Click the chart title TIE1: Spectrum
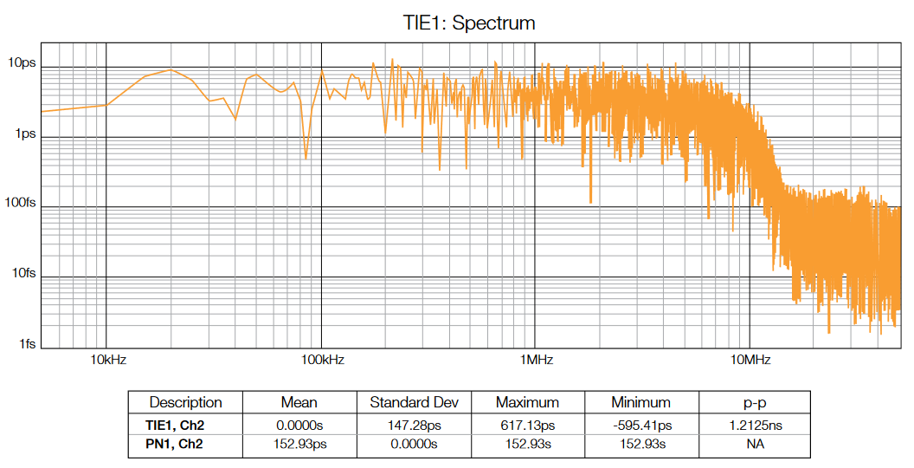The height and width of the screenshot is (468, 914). (469, 23)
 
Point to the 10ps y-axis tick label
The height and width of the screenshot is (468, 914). (22, 63)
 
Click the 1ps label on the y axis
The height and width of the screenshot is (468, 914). (24, 134)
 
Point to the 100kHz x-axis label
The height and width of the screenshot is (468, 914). (322, 359)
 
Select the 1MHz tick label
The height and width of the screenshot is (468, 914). (536, 359)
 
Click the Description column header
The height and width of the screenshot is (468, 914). (185, 402)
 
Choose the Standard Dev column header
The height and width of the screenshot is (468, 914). (414, 402)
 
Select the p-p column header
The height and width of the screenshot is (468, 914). (755, 402)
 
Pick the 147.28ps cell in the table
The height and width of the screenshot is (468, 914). (414, 425)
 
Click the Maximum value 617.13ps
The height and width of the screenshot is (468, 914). (527, 425)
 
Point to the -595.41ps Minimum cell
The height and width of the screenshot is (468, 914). (641, 425)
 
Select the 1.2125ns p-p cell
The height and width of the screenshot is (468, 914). (755, 425)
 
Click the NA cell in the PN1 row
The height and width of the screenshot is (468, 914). (755, 444)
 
